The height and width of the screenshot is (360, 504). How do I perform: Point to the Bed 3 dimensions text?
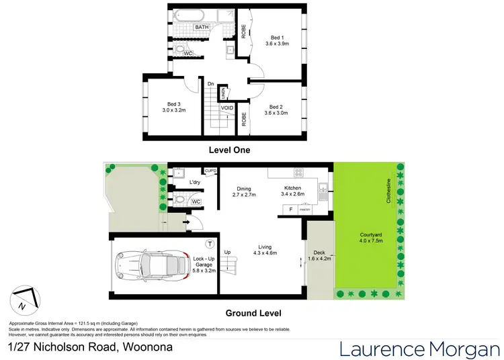[x=173, y=110]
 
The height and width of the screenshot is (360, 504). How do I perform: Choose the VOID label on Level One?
[x=227, y=107]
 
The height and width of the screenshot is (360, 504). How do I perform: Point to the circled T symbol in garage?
[x=210, y=243]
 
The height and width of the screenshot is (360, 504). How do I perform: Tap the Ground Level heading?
[x=253, y=313]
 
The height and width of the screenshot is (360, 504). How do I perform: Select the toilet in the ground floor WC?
[x=178, y=199]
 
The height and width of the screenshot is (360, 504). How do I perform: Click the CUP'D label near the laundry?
[x=210, y=171]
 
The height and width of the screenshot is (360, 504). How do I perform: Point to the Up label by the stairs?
[x=228, y=253]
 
